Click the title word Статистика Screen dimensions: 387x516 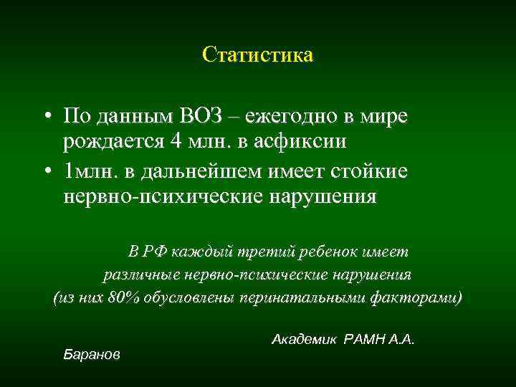257,55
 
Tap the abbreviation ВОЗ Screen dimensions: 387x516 219,116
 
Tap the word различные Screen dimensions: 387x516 139,274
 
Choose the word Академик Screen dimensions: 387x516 304,338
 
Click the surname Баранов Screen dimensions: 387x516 92,354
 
